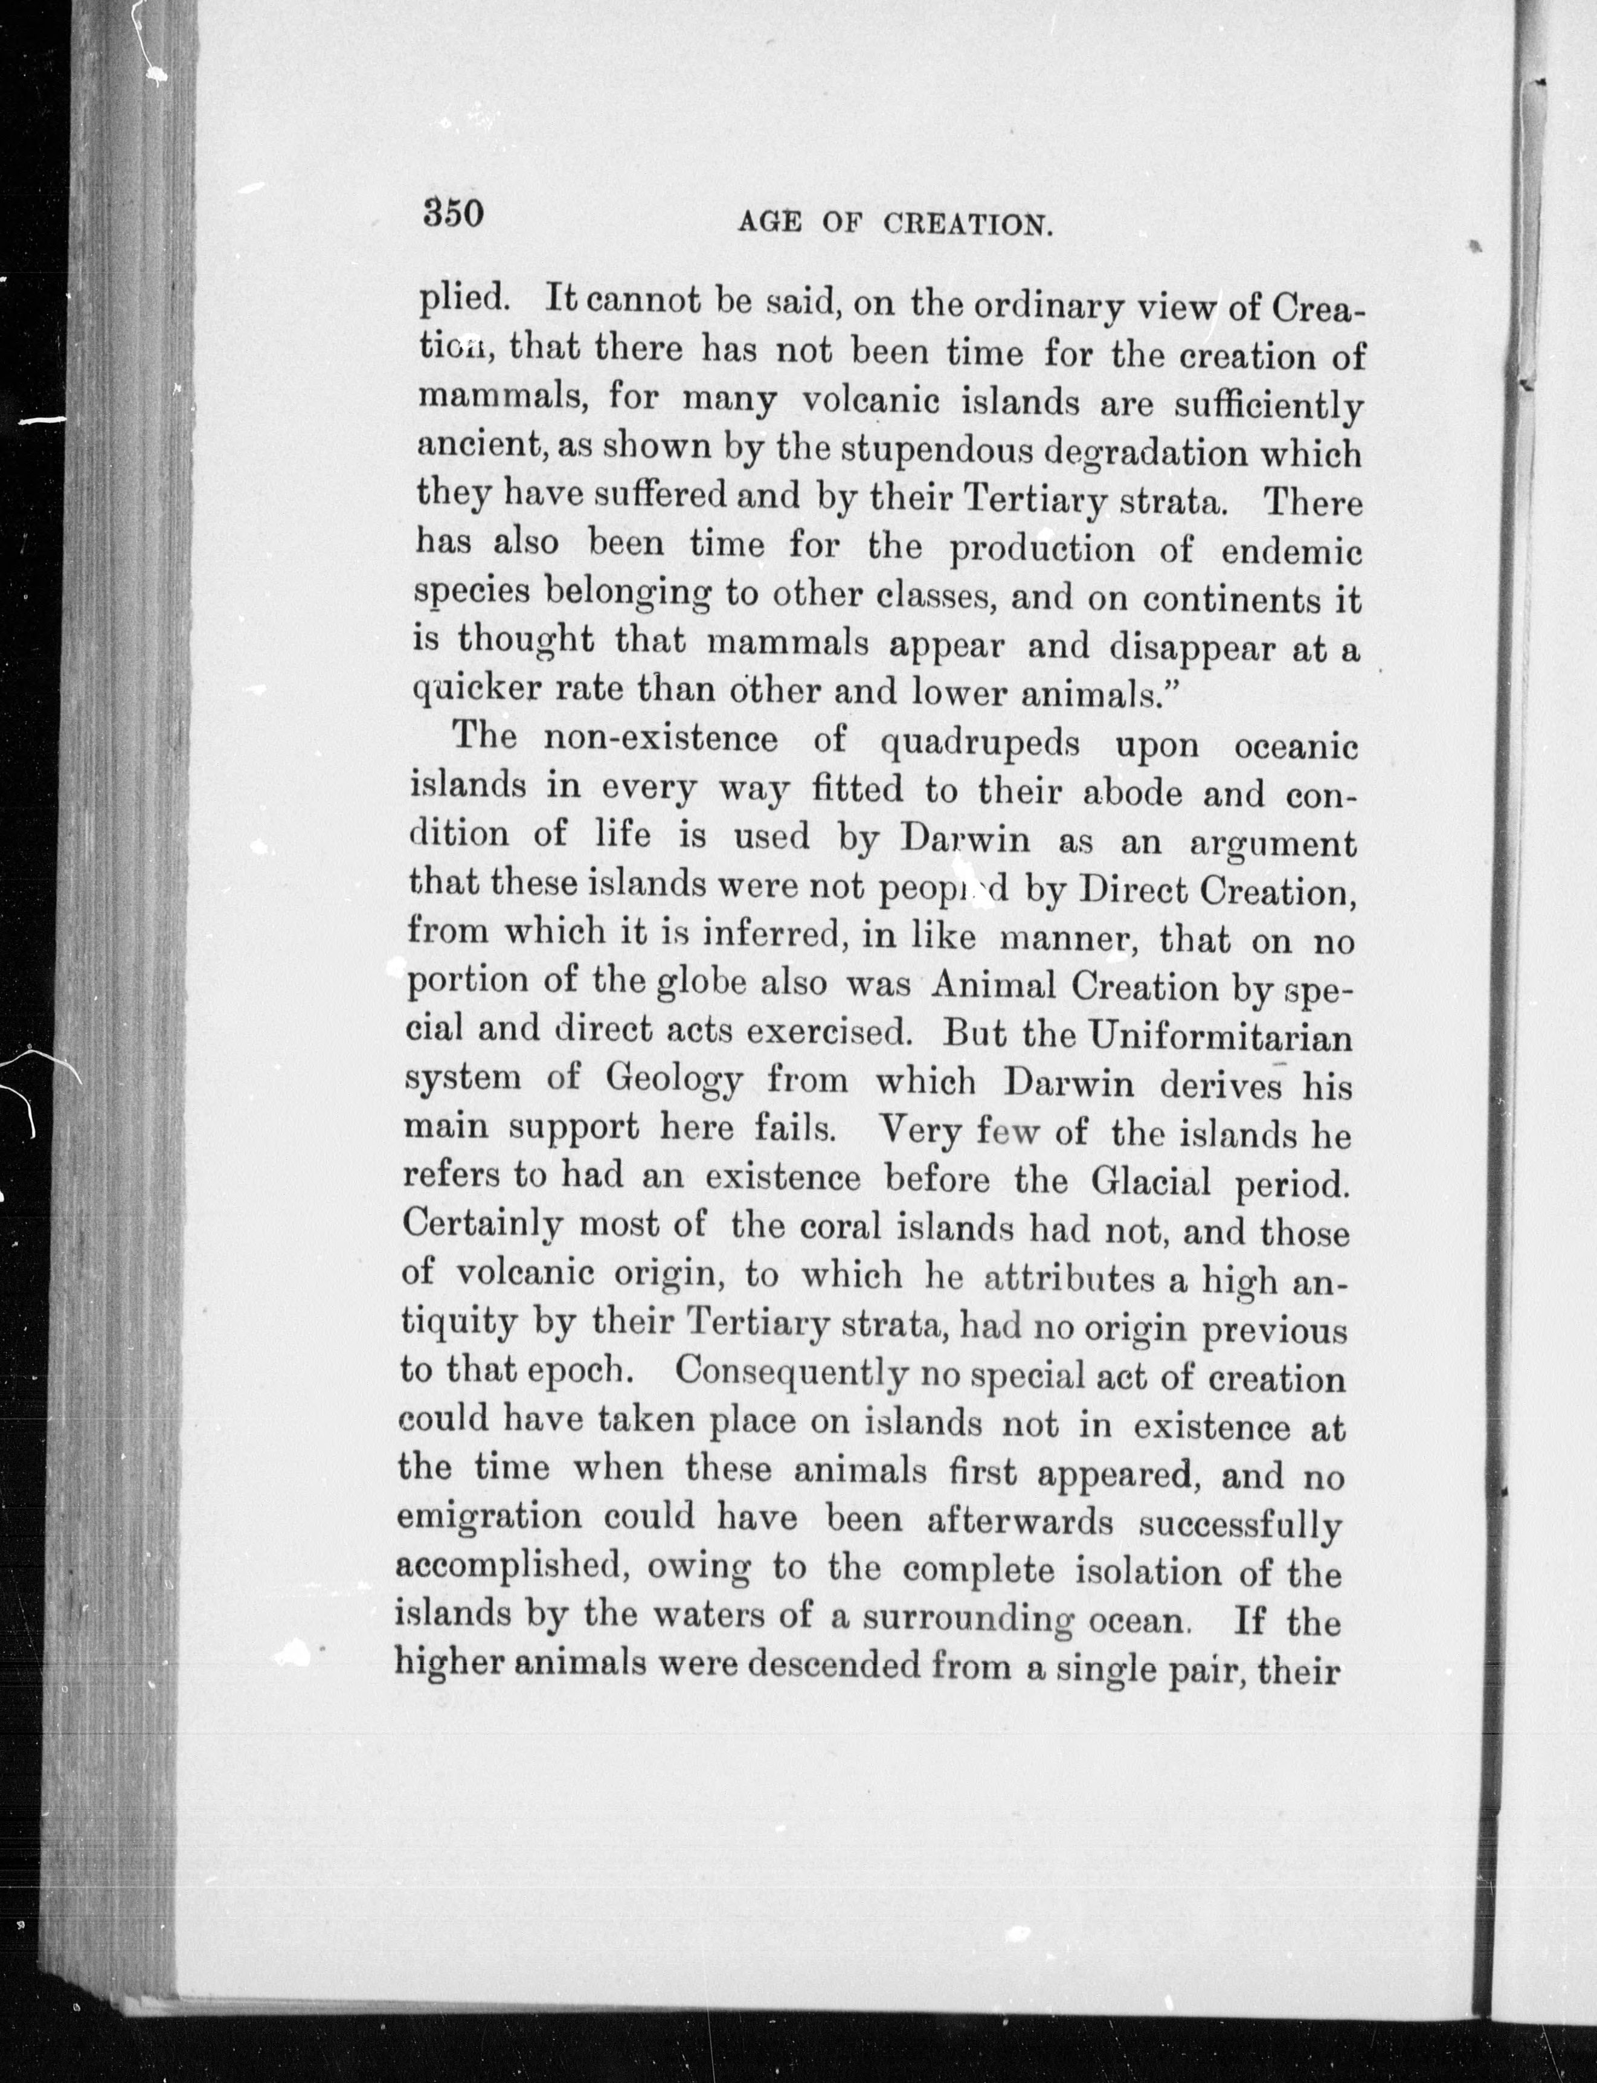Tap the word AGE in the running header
click(x=770, y=224)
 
